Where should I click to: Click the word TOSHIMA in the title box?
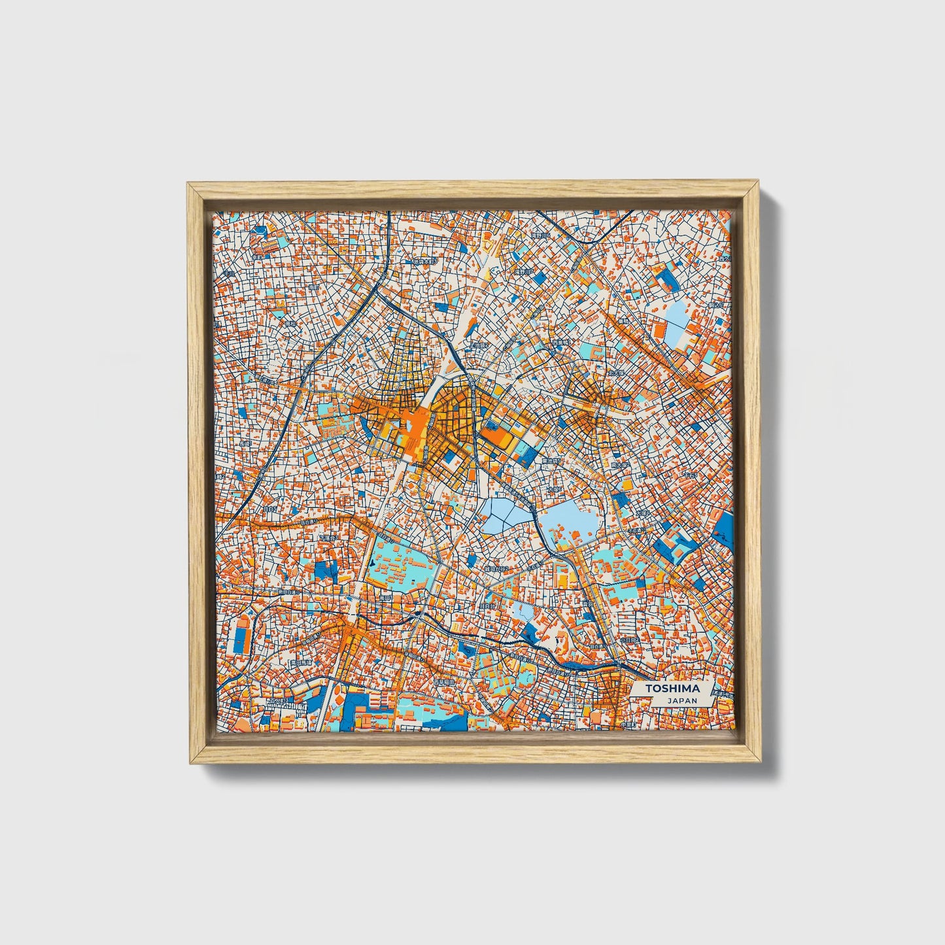tap(672, 688)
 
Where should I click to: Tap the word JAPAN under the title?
tap(681, 700)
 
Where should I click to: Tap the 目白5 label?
tap(269, 508)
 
